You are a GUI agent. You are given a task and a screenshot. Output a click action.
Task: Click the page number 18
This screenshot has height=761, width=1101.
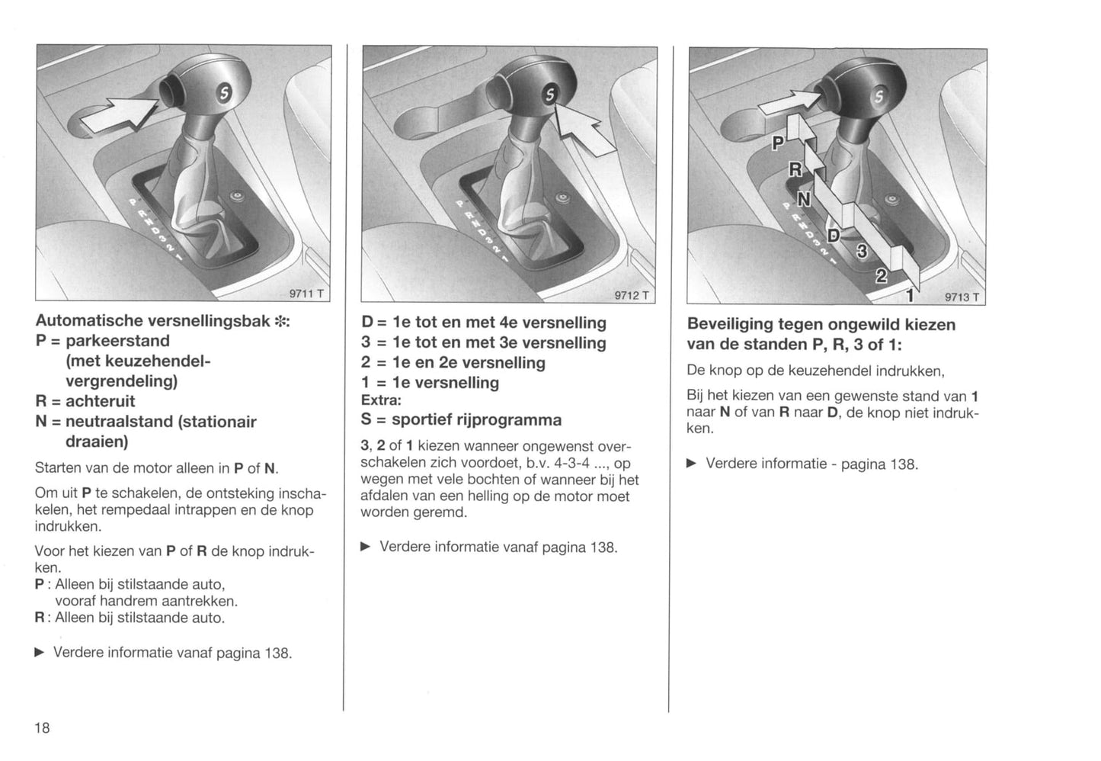(42, 727)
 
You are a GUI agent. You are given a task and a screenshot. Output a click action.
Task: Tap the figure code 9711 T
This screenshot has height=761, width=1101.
(306, 294)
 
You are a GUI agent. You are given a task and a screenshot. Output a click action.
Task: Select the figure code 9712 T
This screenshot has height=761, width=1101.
(632, 295)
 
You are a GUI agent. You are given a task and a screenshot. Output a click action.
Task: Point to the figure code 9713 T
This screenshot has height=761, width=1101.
(962, 297)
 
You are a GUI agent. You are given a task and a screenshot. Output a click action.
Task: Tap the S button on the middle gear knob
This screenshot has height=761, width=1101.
(550, 95)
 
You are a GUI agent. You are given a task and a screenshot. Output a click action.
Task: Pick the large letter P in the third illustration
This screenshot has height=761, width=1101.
(778, 143)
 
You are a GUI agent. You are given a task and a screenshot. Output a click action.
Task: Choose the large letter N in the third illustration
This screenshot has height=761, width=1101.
(804, 199)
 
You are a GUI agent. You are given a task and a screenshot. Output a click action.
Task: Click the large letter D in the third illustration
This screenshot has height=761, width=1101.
(833, 235)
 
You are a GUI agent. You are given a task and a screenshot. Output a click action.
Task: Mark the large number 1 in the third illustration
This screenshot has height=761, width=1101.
(910, 295)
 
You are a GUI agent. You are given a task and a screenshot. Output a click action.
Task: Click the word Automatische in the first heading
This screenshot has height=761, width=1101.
(89, 321)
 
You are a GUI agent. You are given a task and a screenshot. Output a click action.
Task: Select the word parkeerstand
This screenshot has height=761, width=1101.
(117, 340)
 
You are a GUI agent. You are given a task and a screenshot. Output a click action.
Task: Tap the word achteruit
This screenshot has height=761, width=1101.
(100, 401)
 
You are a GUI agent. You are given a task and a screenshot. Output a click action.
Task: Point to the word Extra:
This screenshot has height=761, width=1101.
(382, 400)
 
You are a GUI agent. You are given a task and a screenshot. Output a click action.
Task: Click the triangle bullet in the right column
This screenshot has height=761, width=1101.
(692, 464)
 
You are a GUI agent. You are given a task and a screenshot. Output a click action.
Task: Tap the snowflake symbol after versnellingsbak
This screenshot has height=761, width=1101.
(280, 321)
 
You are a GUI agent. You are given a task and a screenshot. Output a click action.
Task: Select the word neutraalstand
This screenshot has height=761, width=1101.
(118, 422)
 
